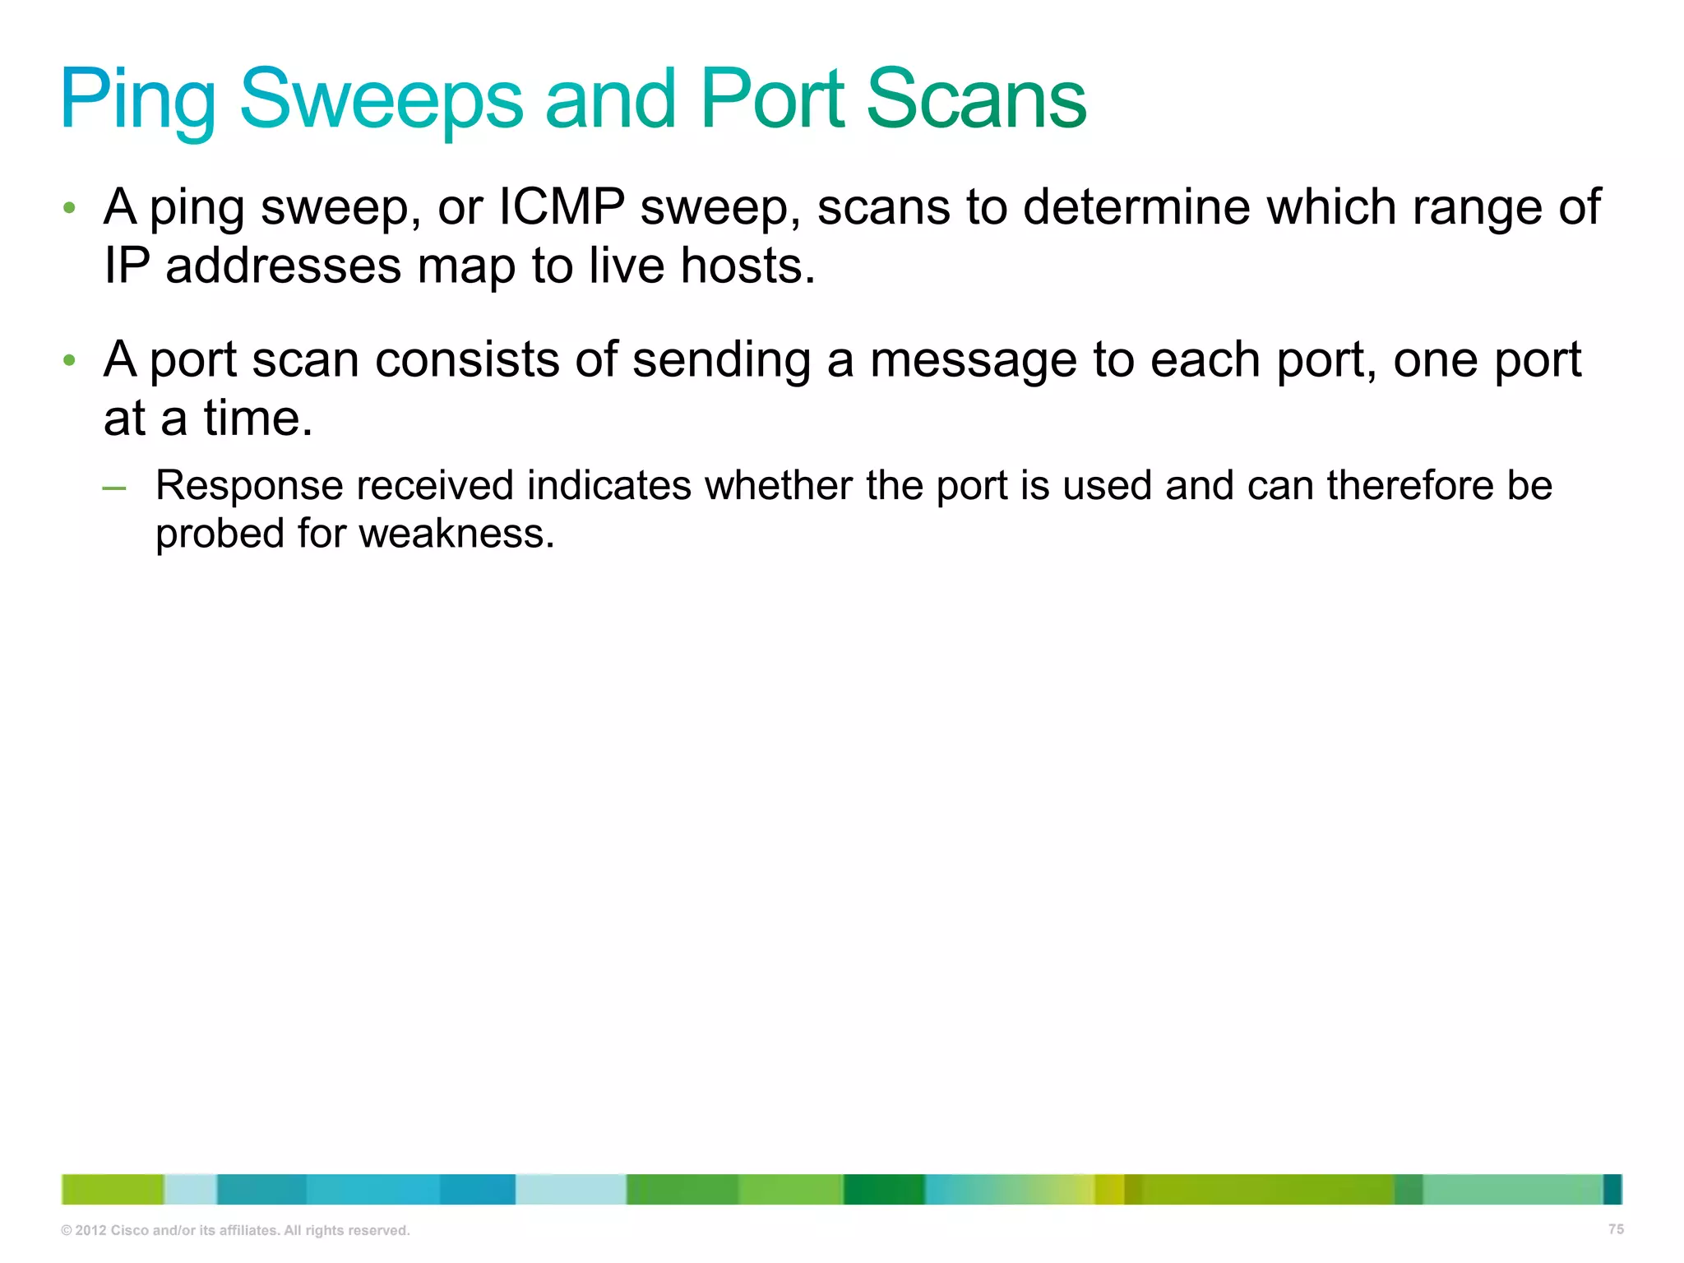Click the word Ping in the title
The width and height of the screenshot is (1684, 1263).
137,100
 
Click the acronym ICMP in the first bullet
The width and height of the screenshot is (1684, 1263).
562,206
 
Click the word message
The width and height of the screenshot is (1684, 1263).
973,361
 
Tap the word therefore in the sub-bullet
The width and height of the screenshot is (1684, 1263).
1409,485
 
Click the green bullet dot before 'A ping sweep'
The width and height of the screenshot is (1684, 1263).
70,207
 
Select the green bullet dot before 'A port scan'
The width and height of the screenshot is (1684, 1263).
70,360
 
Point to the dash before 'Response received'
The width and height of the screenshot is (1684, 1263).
114,488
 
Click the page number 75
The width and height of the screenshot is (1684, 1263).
1616,1229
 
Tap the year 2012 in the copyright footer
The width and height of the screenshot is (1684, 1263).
90,1231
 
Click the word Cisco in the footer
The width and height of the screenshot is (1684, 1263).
129,1231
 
